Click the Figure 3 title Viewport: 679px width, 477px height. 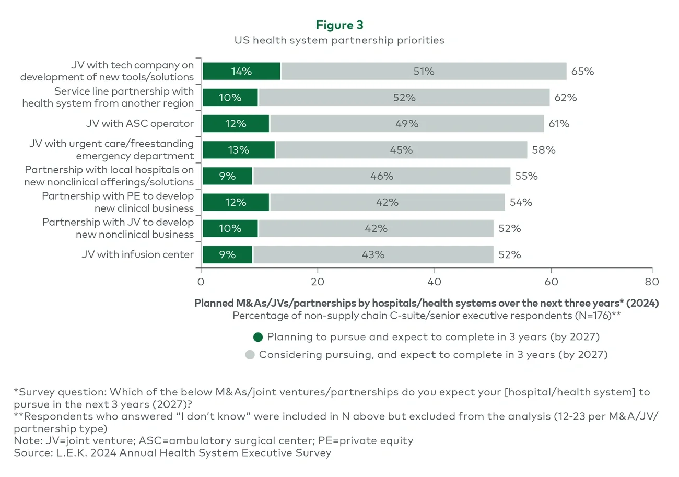pos(339,25)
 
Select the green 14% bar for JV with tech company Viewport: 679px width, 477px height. pos(241,72)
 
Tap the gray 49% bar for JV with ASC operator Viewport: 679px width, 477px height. pos(406,124)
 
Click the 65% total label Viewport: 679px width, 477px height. pos(582,72)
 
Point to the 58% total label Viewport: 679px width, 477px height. pos(544,150)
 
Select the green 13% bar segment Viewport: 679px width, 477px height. pos(239,150)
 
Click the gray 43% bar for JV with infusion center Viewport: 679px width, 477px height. pos(373,254)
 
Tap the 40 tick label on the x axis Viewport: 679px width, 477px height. pos(434,282)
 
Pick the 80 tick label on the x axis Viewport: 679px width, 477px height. pos(651,282)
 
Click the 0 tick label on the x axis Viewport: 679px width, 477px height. pos(201,282)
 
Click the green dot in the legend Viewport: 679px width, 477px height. pos(258,337)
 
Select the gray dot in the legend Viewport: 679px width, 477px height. pos(250,355)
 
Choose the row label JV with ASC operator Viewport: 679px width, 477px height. pos(140,124)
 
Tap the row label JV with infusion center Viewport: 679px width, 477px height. pos(137,254)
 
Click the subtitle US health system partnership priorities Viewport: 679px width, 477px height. pos(339,40)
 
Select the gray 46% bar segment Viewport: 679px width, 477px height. pos(381,176)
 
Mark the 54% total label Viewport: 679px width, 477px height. pos(521,202)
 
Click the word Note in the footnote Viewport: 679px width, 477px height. pos(26,440)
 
